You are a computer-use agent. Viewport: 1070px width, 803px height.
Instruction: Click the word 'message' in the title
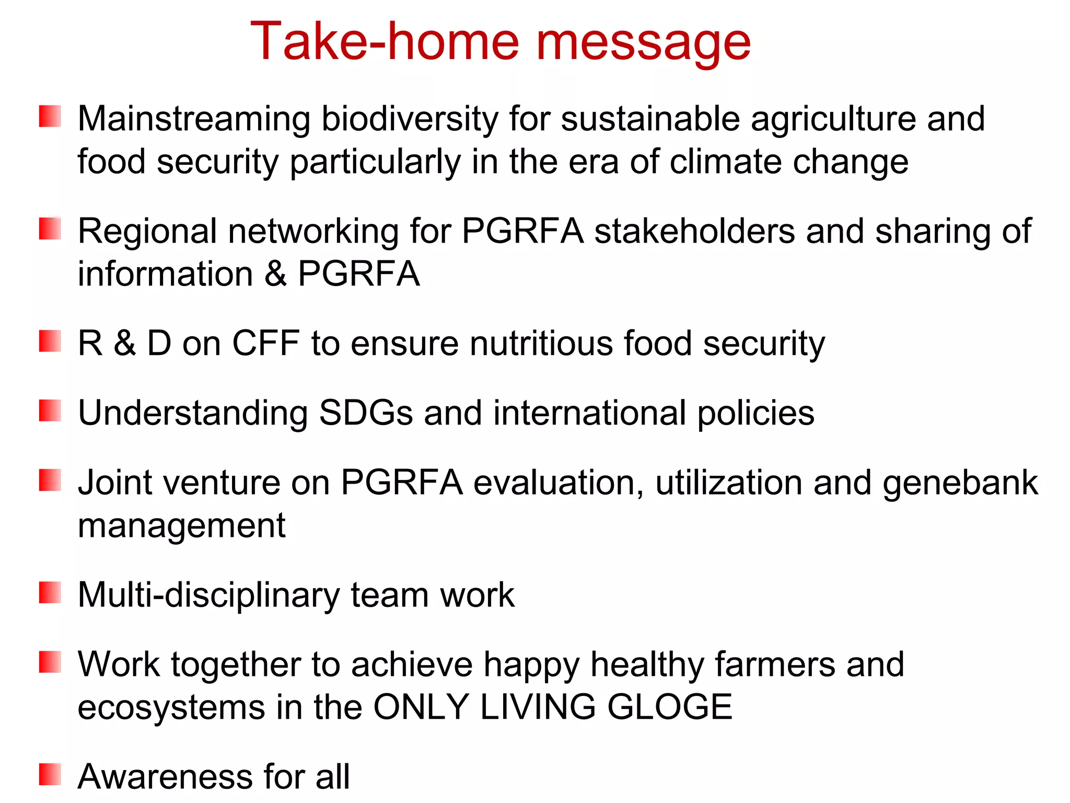(x=643, y=43)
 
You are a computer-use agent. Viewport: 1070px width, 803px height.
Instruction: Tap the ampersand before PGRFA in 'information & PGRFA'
(x=275, y=274)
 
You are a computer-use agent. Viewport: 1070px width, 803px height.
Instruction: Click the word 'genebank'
(x=960, y=483)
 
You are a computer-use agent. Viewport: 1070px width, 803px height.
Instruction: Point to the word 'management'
(x=181, y=525)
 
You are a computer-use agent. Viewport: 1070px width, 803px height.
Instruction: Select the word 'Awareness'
(x=165, y=777)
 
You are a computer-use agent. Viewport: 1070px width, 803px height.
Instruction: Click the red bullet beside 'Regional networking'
(x=50, y=229)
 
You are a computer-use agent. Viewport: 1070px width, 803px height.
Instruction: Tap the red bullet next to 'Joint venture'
(x=50, y=480)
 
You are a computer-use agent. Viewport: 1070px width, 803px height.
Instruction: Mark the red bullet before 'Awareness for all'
(x=50, y=774)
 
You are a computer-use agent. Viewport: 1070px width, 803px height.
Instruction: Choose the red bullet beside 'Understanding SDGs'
(x=50, y=410)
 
